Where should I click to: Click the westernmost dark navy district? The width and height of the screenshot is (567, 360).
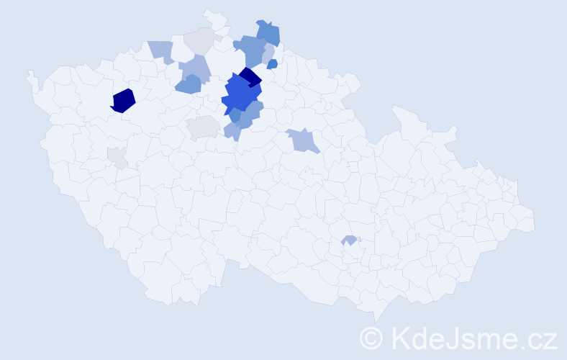123,100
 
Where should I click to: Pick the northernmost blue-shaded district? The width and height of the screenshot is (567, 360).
268,33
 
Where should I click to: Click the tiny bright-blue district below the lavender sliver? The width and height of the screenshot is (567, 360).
272,64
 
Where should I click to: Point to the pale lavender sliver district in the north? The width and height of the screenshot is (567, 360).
268,54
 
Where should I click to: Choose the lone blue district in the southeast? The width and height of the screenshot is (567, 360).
350,240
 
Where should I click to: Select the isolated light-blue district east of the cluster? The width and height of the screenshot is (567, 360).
303,140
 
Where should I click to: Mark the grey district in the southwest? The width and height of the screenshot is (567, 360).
117,157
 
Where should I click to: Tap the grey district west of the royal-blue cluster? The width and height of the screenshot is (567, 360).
203,127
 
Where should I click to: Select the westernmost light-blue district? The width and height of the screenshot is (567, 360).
162,51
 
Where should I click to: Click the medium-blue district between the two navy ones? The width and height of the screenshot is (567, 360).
188,84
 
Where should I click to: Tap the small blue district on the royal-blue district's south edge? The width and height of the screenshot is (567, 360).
235,114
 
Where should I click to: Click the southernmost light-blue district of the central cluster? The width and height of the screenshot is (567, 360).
232,131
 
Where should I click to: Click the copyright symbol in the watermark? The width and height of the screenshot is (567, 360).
371,338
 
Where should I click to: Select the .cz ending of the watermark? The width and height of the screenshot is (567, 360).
540,338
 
